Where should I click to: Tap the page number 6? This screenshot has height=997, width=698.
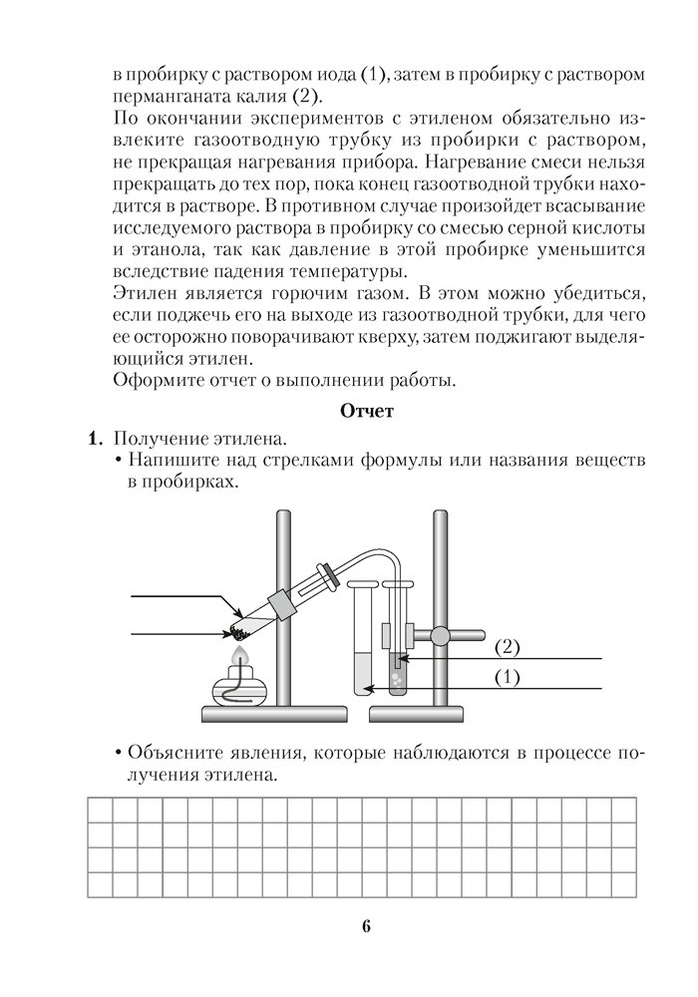click(366, 926)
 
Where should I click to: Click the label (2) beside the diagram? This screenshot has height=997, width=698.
click(508, 647)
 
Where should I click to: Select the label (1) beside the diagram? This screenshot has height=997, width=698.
click(508, 677)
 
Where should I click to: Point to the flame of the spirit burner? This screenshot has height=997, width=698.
click(238, 656)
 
